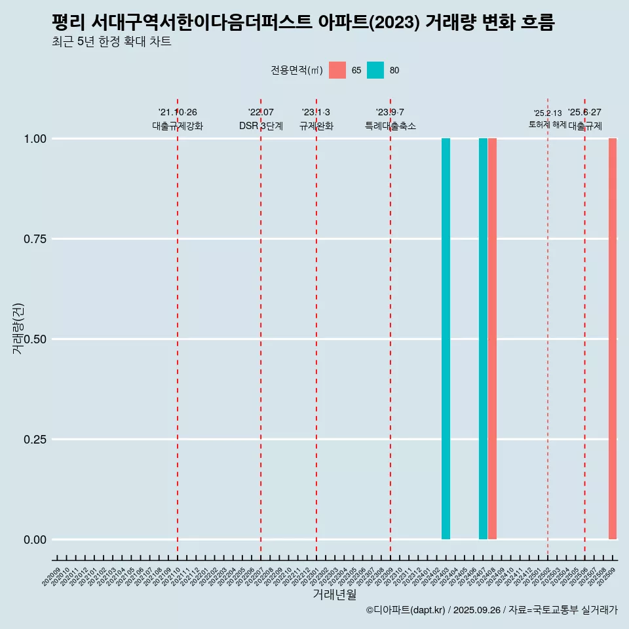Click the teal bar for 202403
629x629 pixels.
pos(446,339)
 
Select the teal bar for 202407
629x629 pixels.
pos(483,339)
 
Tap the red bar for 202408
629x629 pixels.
pos(492,339)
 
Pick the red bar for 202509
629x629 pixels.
pos(613,339)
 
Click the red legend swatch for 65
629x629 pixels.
pos(337,70)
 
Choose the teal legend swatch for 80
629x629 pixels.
pos(375,70)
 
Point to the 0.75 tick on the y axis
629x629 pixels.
pos(33,238)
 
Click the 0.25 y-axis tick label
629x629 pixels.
pos(33,439)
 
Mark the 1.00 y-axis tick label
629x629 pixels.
pos(33,138)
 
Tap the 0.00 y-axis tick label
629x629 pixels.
pos(33,539)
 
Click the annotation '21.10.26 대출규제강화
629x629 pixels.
pos(178,119)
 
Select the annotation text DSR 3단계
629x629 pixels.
pos(261,126)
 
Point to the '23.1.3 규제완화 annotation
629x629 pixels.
pos(316,119)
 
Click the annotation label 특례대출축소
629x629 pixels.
pos(391,126)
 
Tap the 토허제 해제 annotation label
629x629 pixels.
pos(547,124)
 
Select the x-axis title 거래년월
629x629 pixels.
pos(335,594)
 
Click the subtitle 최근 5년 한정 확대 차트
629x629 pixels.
pos(111,42)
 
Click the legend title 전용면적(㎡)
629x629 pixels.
pos(296,70)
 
